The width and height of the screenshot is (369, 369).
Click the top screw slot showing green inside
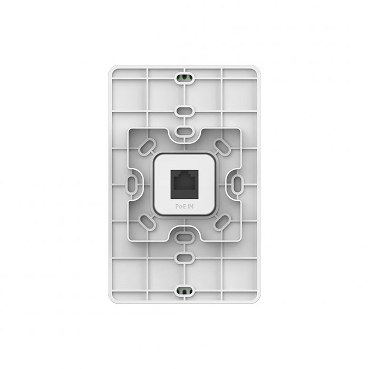(184, 77)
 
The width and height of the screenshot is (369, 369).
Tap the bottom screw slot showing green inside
(184, 292)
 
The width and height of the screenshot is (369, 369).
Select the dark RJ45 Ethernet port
(184, 183)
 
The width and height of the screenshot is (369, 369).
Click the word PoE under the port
(180, 207)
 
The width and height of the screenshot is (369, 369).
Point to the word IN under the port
(190, 207)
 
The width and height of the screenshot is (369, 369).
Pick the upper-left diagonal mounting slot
(147, 147)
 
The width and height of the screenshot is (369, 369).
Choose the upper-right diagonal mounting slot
(222, 147)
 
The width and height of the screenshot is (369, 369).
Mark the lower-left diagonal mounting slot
(147, 222)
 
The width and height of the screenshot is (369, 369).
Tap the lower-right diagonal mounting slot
(222, 222)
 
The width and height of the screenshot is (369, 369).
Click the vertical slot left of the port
(132, 184)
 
